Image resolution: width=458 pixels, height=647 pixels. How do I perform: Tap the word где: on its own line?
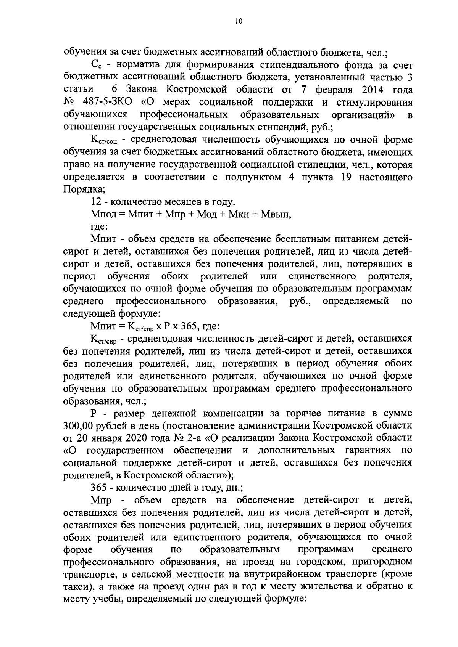pyautogui.click(x=99, y=227)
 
